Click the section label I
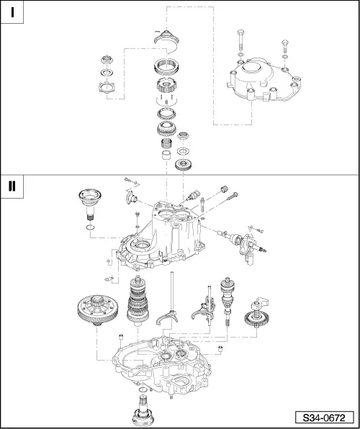click(12, 12)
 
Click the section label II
click(12, 186)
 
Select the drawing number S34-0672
click(324, 418)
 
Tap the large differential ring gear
click(98, 310)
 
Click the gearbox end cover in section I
click(264, 79)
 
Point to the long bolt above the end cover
click(240, 40)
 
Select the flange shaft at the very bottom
click(143, 414)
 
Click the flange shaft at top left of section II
click(90, 204)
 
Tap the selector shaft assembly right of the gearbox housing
click(243, 243)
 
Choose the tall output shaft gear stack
click(138, 300)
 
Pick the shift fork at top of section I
click(166, 39)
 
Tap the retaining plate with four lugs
click(106, 87)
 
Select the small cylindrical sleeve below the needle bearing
click(166, 155)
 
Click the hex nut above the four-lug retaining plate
click(106, 60)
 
